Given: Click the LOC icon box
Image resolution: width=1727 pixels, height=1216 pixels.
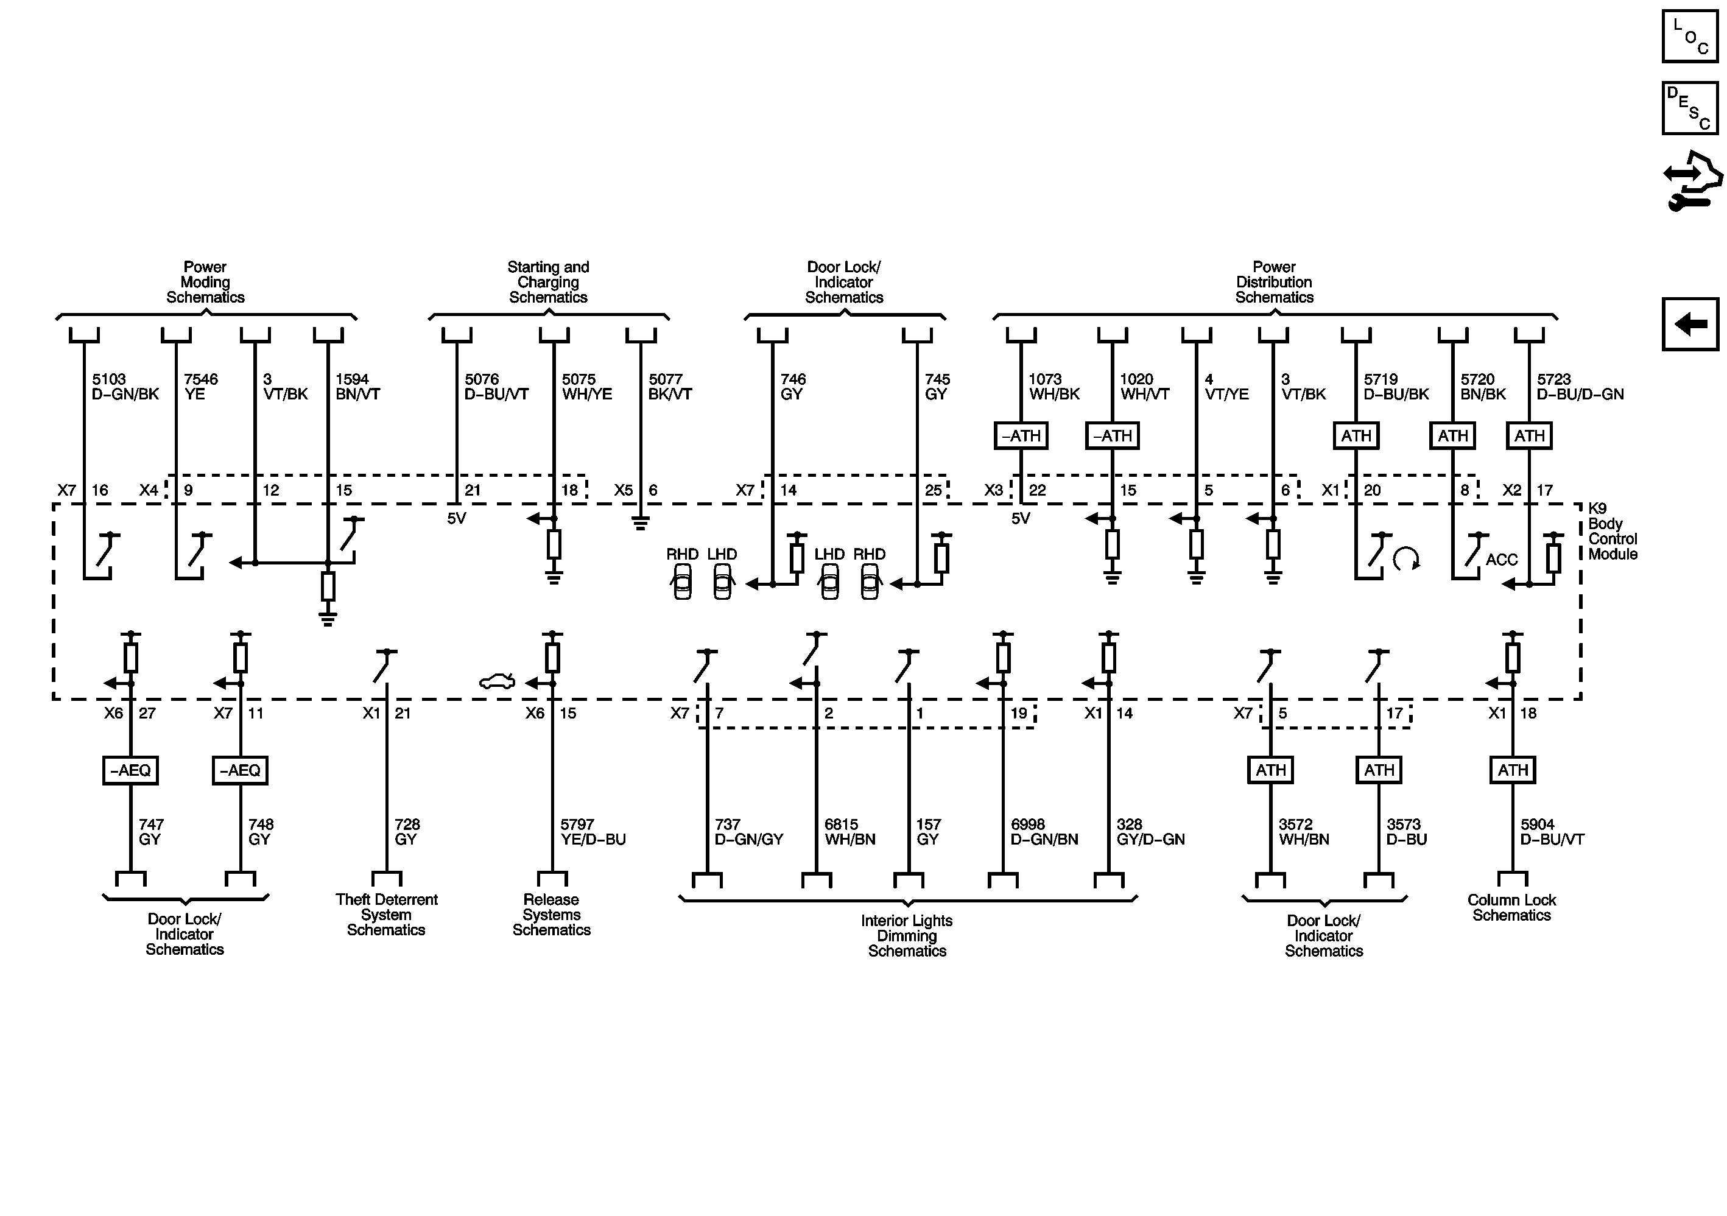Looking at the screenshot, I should point(1690,36).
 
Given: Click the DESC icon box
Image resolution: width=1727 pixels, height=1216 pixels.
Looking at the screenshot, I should point(1690,108).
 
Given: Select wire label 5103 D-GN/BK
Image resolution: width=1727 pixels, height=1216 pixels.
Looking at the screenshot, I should point(125,387).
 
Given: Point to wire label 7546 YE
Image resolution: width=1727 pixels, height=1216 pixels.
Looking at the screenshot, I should point(201,387).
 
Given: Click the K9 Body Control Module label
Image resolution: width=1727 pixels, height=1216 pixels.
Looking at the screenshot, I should point(1612,531).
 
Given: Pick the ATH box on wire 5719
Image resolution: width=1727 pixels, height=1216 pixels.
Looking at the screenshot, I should point(1356,436).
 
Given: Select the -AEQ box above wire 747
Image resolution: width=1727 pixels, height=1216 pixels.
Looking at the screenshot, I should point(130,770).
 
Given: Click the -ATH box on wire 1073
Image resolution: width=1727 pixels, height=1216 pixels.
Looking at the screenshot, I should point(1021,436).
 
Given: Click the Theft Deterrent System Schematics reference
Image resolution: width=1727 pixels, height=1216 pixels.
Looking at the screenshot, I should point(387,915).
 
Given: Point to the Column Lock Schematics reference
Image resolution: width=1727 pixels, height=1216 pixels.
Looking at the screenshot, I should point(1511,908).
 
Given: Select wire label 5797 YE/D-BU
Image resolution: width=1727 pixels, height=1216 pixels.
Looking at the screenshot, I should point(593,832).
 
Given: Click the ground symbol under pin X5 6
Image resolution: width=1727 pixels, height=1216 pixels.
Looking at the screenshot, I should point(640,524).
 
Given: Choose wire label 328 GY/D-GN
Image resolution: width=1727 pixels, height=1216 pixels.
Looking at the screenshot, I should point(1150,832).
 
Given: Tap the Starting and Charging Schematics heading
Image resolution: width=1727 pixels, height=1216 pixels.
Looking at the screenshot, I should point(548,282).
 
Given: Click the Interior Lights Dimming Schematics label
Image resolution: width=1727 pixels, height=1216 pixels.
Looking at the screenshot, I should point(907,935).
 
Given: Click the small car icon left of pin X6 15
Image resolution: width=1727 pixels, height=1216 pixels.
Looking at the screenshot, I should point(497,681).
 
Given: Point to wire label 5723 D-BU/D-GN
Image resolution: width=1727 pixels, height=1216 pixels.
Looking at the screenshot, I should point(1580,387).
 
